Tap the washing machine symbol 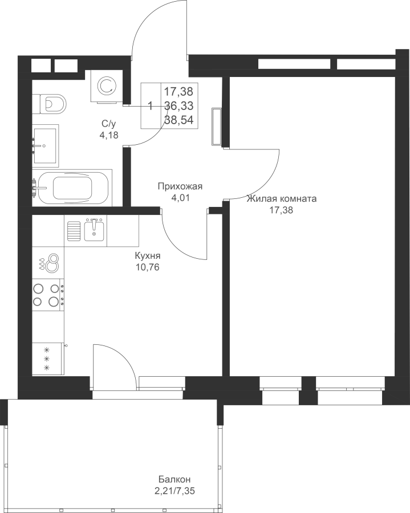107,86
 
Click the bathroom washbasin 46,145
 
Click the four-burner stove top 48,295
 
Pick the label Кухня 148,255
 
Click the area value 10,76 148,267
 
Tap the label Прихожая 180,186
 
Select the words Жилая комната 282,198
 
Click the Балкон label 174,479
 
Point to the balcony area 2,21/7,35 176,491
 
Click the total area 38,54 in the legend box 178,120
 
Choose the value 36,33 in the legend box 178,105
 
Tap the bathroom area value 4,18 109,135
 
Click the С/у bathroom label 109,124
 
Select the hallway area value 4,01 180,198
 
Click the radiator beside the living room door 216,127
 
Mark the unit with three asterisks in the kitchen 48,359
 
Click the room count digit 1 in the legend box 151,106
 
